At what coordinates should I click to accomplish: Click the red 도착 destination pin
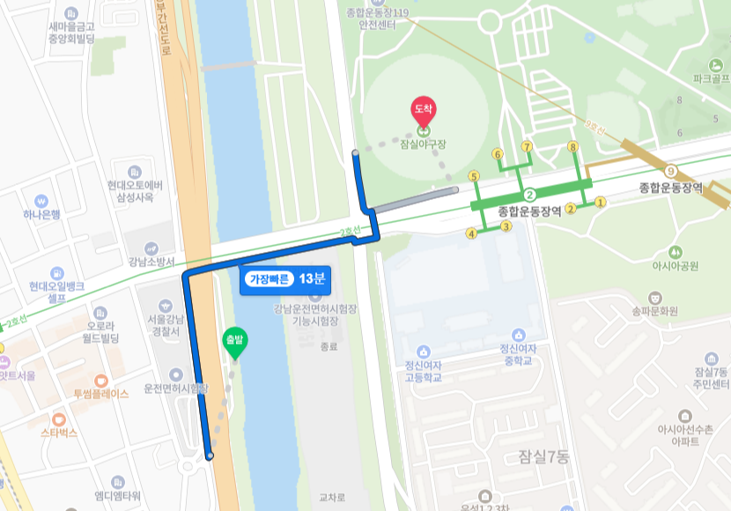coord(424,111)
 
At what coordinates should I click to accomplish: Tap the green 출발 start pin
coord(234,342)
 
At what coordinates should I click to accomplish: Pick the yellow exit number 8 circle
coord(572,147)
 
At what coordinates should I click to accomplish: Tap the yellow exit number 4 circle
coord(472,233)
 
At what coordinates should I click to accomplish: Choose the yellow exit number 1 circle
coord(601,202)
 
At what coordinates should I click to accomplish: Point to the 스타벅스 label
coord(59,433)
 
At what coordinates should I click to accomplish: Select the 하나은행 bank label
coord(42,214)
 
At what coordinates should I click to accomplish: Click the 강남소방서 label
coord(151,262)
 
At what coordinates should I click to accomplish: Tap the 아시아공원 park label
coord(675,265)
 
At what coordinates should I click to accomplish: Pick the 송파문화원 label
coord(654,310)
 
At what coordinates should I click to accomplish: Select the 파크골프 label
coord(712,78)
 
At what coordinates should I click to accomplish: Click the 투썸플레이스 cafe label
coord(100,393)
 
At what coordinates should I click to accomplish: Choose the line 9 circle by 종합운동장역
coord(671,171)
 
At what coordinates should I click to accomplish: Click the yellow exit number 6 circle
coord(498,153)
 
